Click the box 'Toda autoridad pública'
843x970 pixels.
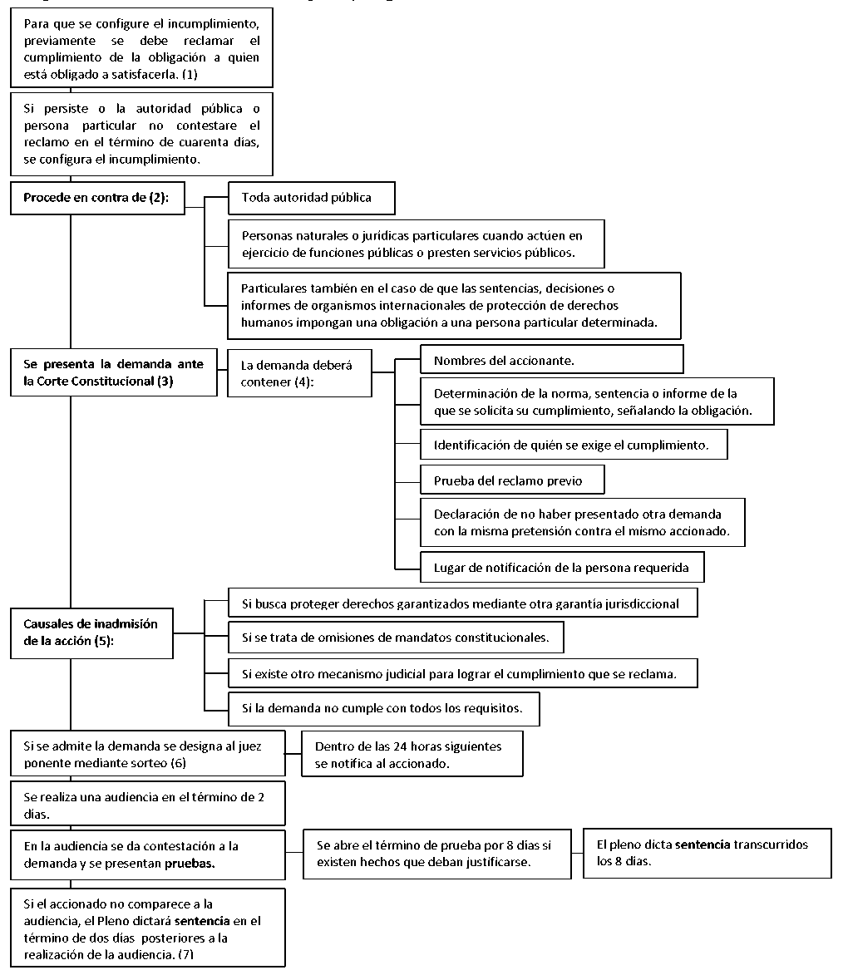pos(311,198)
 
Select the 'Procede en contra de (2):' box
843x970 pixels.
pos(97,198)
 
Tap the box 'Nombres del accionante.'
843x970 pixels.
pos(551,359)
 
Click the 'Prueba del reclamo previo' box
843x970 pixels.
pos(512,480)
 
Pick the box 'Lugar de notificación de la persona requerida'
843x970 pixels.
pos(562,567)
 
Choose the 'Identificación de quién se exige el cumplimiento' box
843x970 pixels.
pos(574,444)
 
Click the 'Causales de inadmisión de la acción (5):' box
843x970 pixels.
pos(91,633)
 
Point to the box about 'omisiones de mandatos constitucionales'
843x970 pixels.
pos(396,638)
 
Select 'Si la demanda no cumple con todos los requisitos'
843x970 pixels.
pos(384,708)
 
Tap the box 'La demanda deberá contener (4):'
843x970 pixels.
pos(299,373)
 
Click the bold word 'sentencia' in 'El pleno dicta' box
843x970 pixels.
pos(702,844)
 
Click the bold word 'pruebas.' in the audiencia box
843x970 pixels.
pos(190,863)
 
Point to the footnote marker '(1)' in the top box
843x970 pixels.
pos(190,74)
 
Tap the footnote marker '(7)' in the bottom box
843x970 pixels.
pos(185,954)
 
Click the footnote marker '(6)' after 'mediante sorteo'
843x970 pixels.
pos(178,763)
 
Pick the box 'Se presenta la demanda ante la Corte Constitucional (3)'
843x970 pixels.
pos(113,373)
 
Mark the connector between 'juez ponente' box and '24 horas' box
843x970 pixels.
pos(293,754)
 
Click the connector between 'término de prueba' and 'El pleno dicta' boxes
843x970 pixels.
pos(577,854)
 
